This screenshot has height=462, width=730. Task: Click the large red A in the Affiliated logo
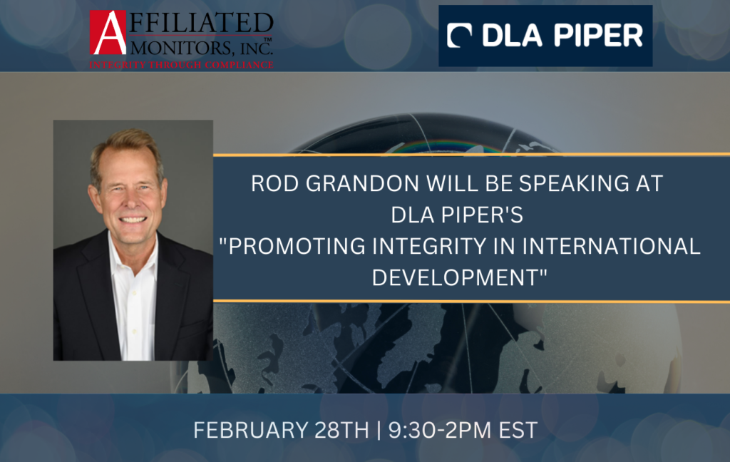pyautogui.click(x=108, y=33)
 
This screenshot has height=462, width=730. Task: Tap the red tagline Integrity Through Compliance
pyautogui.click(x=181, y=65)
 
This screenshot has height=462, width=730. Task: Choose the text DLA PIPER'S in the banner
pyautogui.click(x=457, y=215)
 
